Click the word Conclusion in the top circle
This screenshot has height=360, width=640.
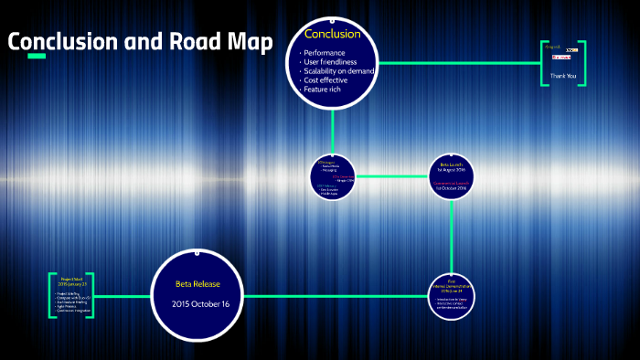coord(332,35)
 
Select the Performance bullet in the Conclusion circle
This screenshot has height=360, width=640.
coord(324,54)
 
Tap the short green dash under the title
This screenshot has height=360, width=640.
coord(37,57)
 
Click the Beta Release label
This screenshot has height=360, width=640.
coord(198,284)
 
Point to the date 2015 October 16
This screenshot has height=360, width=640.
coord(198,302)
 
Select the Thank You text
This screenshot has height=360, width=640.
coord(563,76)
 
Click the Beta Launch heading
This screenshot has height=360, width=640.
coord(452,164)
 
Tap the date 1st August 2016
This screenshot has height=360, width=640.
coord(452,171)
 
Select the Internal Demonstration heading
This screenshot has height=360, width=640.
coord(452,286)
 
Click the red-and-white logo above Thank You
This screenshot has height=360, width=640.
coord(560,57)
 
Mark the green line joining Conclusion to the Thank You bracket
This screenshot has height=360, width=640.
coord(457,63)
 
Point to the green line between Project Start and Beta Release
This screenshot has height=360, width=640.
coord(123,296)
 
